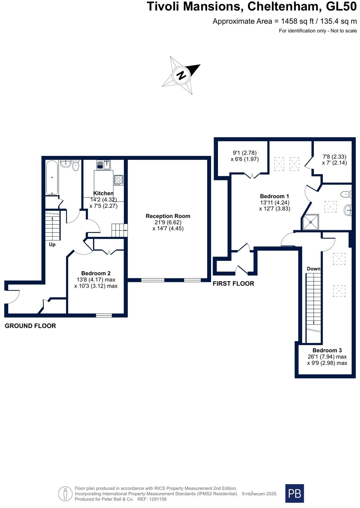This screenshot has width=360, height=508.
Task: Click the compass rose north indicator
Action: click(x=181, y=75)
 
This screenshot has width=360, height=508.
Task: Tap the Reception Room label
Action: click(x=168, y=216)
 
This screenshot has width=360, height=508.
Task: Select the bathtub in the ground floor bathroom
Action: click(x=52, y=178)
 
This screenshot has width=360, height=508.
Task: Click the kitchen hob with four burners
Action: click(x=118, y=180)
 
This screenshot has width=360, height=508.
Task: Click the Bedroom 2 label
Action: click(x=96, y=273)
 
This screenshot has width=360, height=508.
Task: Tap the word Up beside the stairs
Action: click(x=52, y=244)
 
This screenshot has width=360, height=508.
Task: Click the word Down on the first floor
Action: click(x=313, y=269)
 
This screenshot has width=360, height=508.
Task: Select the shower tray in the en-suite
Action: click(x=311, y=222)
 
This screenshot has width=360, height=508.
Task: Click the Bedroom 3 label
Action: click(x=327, y=350)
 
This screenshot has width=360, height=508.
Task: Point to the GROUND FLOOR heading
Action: click(x=30, y=326)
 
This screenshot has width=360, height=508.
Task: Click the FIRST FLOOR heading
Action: click(x=233, y=284)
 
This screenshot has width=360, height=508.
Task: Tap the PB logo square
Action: click(x=294, y=493)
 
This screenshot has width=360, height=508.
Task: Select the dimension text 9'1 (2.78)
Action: click(x=245, y=153)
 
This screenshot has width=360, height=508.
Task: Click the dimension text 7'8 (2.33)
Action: click(x=334, y=157)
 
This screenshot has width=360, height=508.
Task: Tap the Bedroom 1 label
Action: click(x=274, y=196)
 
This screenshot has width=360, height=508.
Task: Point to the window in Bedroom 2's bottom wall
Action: click(x=104, y=315)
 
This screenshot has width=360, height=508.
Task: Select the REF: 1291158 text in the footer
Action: click(x=152, y=499)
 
